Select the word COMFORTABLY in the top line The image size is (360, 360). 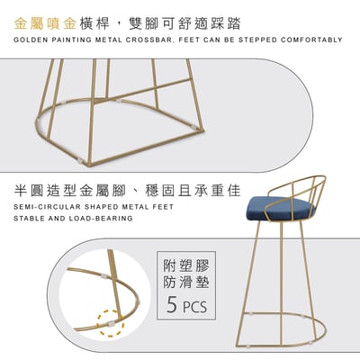[310, 40]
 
